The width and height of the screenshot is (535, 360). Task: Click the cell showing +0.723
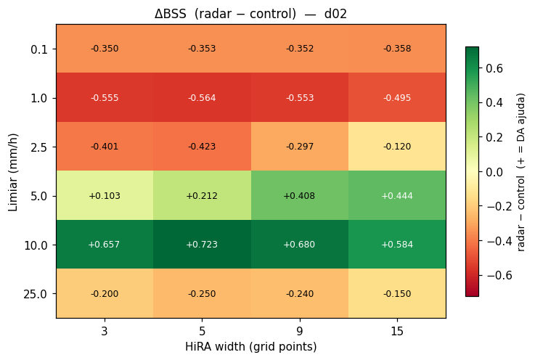[202, 245]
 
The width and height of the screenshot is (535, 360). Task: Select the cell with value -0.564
[202, 97]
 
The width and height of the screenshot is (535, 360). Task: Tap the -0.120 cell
[397, 147]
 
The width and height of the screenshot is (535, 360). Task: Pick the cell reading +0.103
[105, 195]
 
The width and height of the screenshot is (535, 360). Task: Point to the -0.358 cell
[397, 49]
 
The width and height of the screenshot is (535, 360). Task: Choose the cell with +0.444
[397, 195]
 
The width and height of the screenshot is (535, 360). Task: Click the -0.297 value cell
[300, 147]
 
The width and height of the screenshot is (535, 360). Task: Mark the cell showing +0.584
[397, 245]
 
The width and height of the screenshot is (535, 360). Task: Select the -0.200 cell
[105, 293]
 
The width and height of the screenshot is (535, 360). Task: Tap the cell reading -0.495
[397, 97]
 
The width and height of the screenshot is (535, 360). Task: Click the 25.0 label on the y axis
[36, 294]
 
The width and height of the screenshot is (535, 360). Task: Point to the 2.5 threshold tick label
[39, 147]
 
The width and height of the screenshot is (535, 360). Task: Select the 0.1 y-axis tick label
[39, 49]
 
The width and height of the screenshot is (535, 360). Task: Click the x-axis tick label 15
[397, 331]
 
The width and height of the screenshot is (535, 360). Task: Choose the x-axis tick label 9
[300, 331]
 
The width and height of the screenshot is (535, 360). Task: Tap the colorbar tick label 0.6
[494, 68]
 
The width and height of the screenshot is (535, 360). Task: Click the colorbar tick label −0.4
[499, 241]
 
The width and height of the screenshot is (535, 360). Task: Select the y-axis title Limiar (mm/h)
[12, 172]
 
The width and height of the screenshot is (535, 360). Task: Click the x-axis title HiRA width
[216, 346]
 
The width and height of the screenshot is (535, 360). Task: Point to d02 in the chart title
[335, 14]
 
